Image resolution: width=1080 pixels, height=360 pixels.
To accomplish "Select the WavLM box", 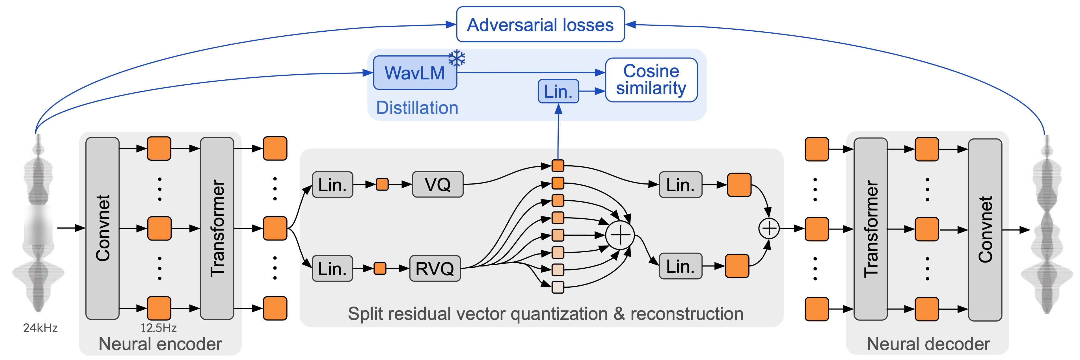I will (x=415, y=73).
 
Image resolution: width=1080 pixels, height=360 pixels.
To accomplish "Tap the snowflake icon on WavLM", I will (x=457, y=58).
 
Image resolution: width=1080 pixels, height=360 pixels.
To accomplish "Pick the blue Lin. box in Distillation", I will (x=558, y=91).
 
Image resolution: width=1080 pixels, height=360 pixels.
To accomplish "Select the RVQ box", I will (x=435, y=268).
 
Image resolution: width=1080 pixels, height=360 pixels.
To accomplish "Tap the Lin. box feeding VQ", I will (x=332, y=185).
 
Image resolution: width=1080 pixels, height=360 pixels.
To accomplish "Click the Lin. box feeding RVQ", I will (x=332, y=268).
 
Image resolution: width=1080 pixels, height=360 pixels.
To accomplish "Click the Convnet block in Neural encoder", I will (x=102, y=228).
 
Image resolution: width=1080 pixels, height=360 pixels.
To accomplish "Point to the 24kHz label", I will (x=40, y=328).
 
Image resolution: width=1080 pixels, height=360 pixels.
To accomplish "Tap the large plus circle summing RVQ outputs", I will (x=620, y=235).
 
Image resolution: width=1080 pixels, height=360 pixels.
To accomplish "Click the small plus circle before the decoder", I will (x=769, y=228).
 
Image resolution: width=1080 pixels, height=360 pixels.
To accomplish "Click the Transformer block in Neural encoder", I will (x=217, y=228).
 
